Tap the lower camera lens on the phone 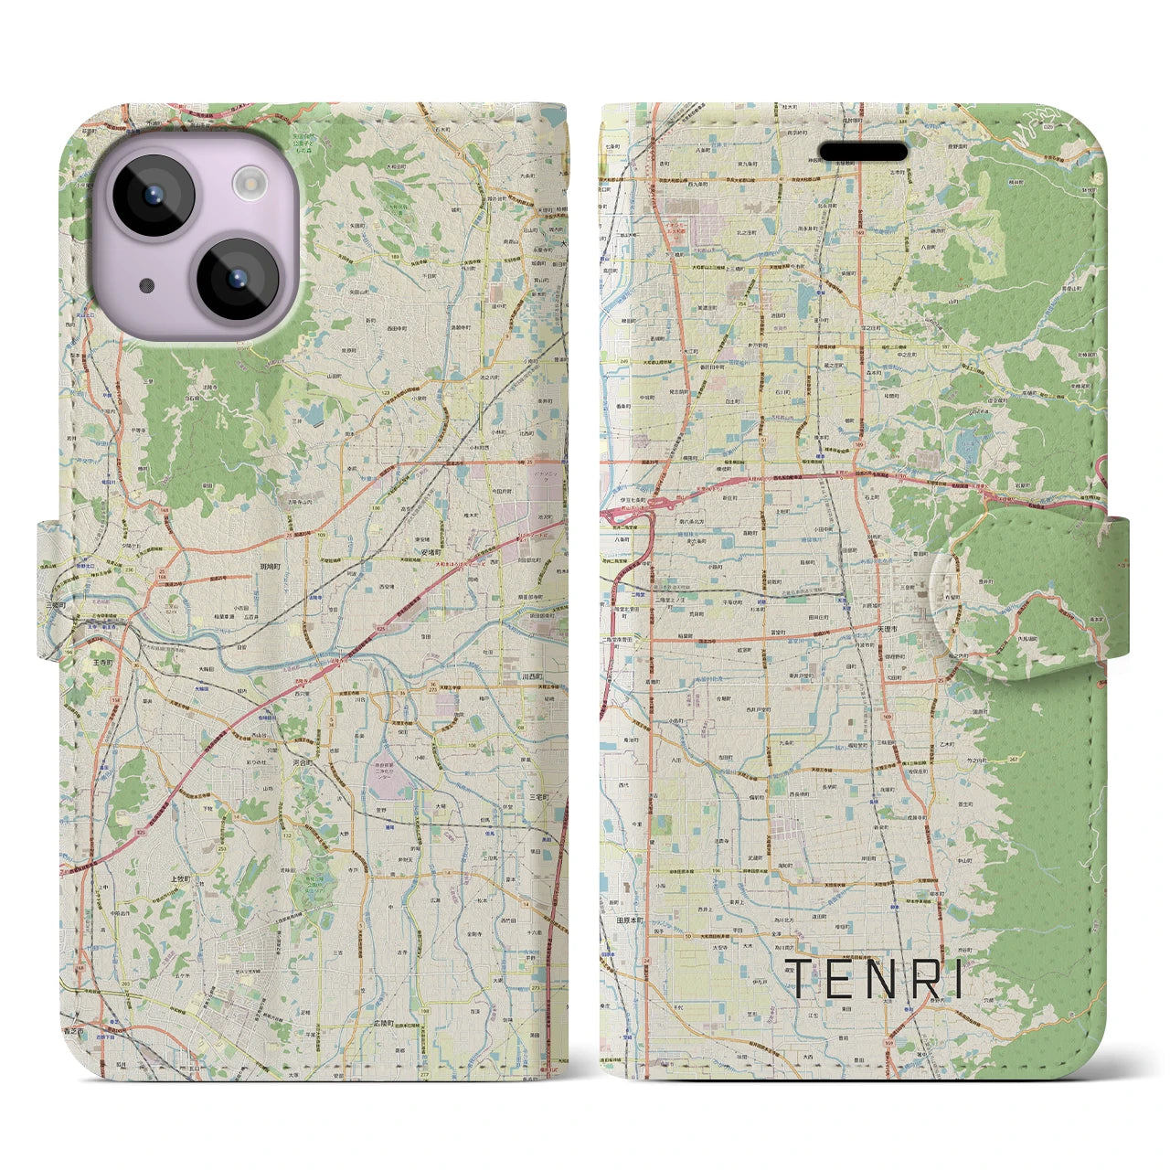pyautogui.click(x=238, y=278)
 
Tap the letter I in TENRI pyautogui.click(x=957, y=979)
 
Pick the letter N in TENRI pyautogui.click(x=877, y=979)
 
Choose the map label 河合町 pyautogui.click(x=303, y=760)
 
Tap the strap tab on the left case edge pyautogui.click(x=50, y=589)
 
